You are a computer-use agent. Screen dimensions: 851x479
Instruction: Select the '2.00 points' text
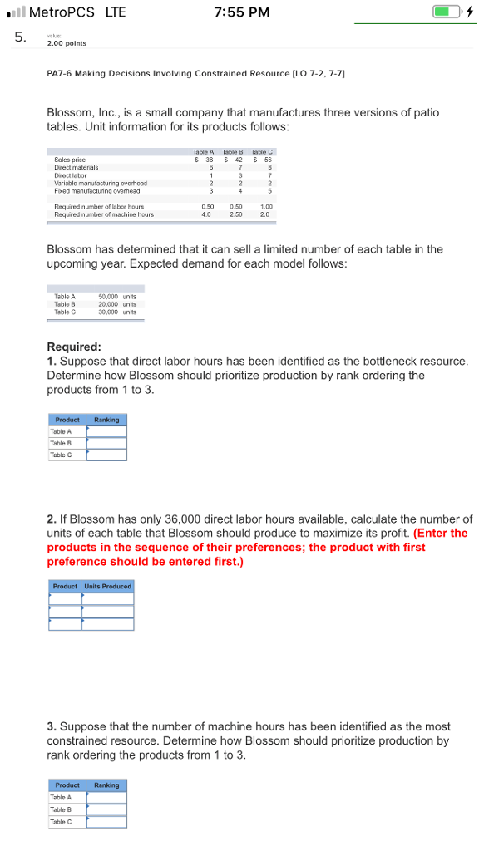[x=67, y=43]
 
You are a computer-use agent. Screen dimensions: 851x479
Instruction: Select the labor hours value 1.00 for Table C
[x=265, y=207]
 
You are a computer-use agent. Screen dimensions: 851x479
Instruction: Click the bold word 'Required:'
[x=75, y=347]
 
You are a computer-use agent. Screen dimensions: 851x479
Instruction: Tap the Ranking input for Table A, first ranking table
[x=106, y=431]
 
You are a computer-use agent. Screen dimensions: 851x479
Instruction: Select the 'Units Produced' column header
[x=108, y=586]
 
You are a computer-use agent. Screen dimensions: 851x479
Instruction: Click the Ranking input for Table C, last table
[x=106, y=822]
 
